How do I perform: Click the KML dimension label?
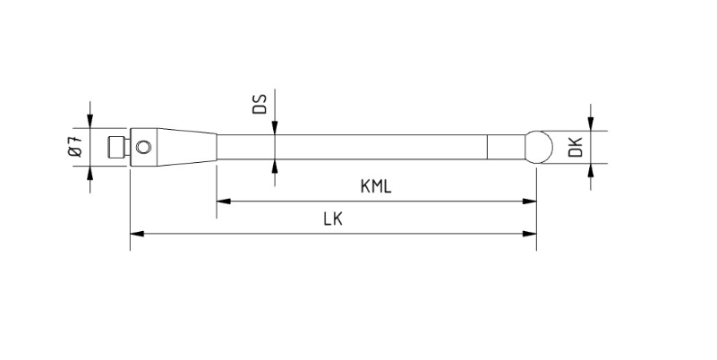[376, 186]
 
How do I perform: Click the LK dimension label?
[333, 219]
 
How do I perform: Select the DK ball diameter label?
[576, 147]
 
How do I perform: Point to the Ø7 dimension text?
[76, 146]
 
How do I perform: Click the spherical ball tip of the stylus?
[538, 147]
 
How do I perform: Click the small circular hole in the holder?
[144, 147]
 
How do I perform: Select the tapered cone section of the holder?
[186, 147]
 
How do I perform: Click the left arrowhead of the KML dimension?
[223, 201]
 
